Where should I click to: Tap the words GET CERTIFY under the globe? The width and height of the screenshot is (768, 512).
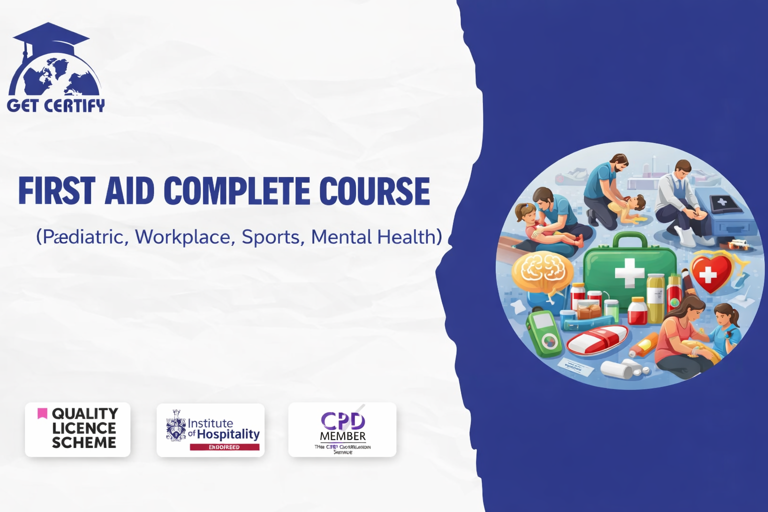pyautogui.click(x=56, y=105)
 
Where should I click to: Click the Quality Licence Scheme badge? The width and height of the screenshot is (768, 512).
pyautogui.click(x=77, y=429)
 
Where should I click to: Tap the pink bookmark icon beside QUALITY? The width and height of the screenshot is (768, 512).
pyautogui.click(x=42, y=413)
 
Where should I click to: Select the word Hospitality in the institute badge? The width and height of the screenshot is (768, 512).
pyautogui.click(x=228, y=434)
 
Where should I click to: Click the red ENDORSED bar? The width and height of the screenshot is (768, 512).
pyautogui.click(x=224, y=447)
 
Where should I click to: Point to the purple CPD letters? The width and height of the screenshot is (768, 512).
pyautogui.click(x=343, y=420)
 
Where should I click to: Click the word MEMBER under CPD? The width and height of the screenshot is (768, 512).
pyautogui.click(x=343, y=436)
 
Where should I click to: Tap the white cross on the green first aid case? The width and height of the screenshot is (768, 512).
pyautogui.click(x=629, y=272)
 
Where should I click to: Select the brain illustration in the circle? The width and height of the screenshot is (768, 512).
pyautogui.click(x=543, y=270)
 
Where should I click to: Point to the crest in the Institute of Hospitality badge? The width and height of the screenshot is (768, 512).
pyautogui.click(x=176, y=426)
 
